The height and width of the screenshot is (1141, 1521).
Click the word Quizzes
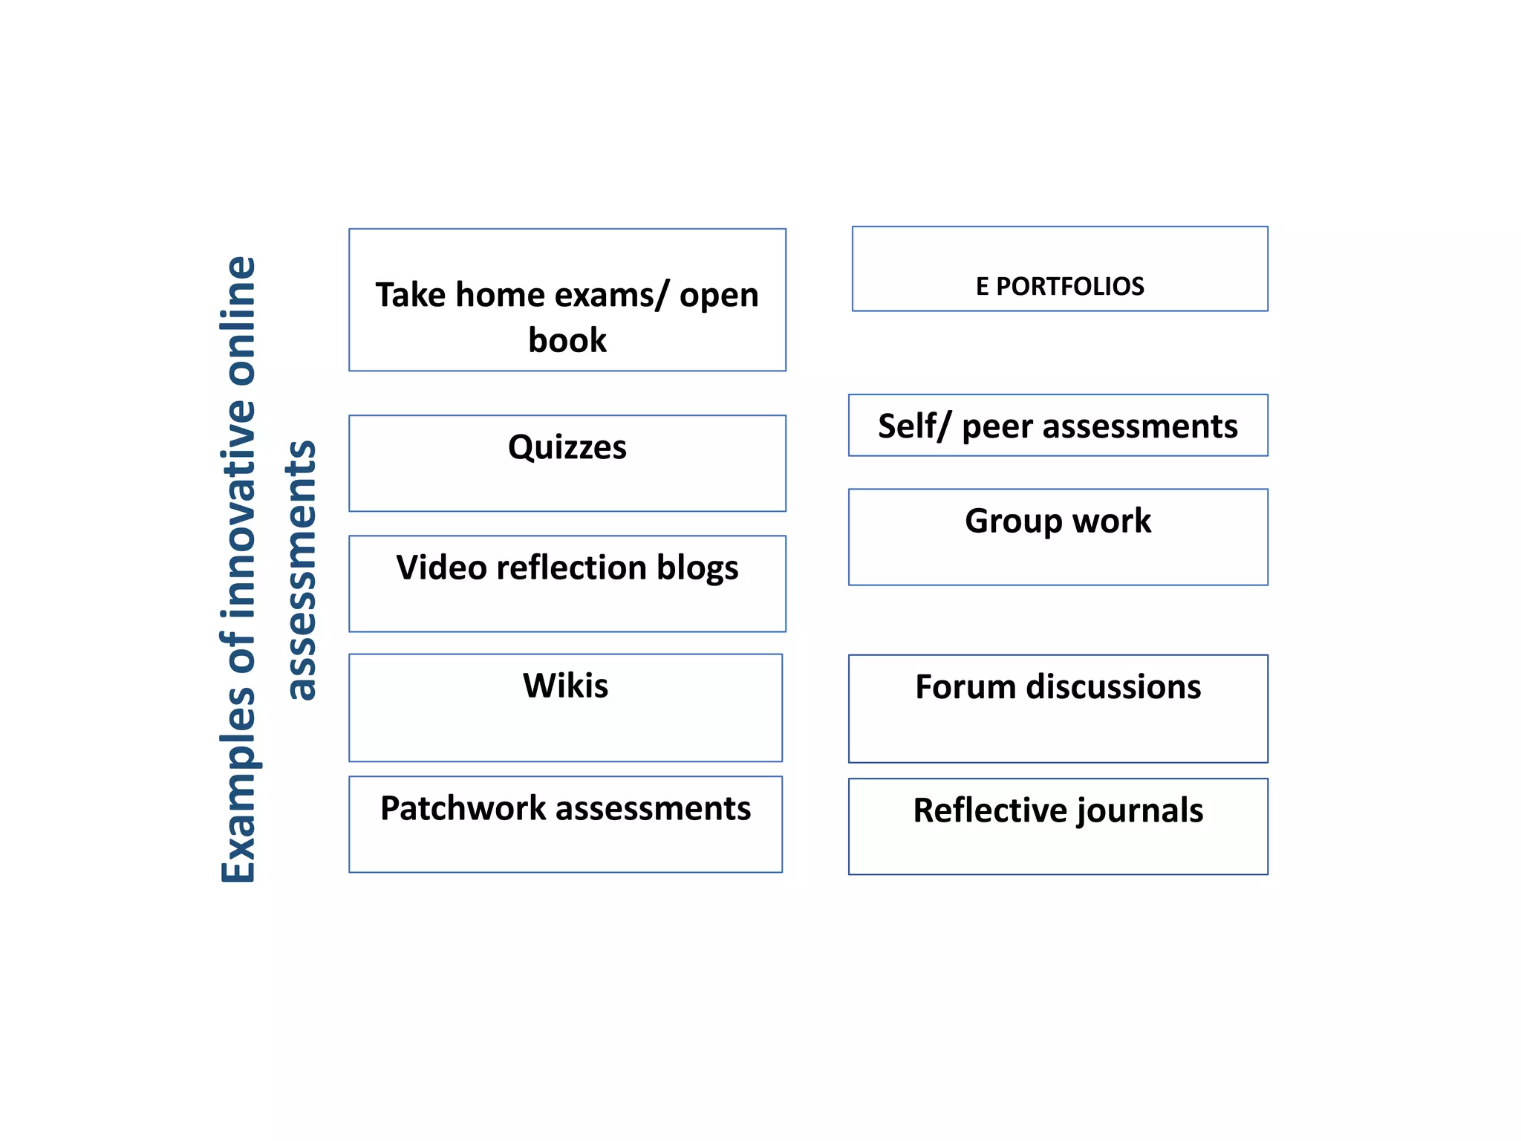(567, 448)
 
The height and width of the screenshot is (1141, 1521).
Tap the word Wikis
(565, 686)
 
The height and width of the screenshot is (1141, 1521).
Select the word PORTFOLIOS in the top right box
(1069, 287)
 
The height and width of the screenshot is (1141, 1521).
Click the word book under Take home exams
(567, 340)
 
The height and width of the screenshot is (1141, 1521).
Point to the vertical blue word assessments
(302, 570)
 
